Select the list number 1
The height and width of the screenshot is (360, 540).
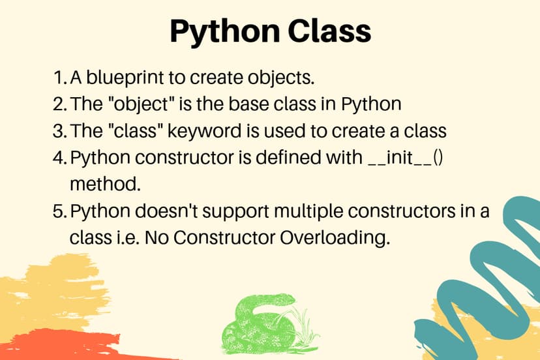(x=59, y=78)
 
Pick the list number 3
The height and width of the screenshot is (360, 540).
(x=59, y=130)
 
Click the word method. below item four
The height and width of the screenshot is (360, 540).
(x=105, y=184)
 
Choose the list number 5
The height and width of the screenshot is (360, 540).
(x=59, y=212)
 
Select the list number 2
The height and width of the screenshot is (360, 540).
(x=59, y=104)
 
